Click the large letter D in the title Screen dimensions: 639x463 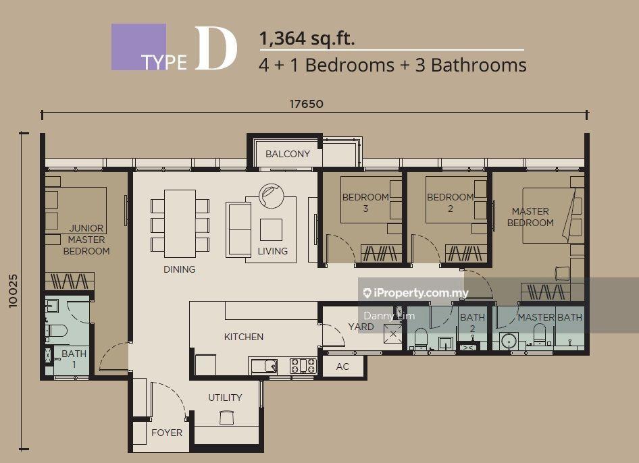click(x=215, y=48)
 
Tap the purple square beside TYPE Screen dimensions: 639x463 click(x=138, y=47)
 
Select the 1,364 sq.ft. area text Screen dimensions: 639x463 click(x=307, y=38)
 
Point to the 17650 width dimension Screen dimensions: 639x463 click(x=307, y=104)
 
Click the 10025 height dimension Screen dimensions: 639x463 click(x=14, y=291)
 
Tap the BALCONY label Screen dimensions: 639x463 click(x=288, y=154)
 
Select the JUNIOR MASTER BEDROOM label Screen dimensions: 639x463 click(x=86, y=240)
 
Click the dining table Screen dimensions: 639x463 click(x=180, y=223)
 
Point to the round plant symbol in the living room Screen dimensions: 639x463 click(x=271, y=196)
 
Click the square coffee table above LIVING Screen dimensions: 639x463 click(x=271, y=230)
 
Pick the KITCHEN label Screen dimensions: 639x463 click(x=244, y=337)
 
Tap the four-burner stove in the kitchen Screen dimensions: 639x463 click(x=303, y=366)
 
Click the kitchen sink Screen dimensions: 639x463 click(x=265, y=366)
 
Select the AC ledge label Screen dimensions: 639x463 click(x=342, y=366)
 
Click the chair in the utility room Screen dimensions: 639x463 click(x=226, y=418)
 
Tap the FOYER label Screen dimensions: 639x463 click(x=167, y=433)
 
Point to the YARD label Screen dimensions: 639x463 click(x=361, y=327)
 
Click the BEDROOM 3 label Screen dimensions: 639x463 click(x=365, y=202)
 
